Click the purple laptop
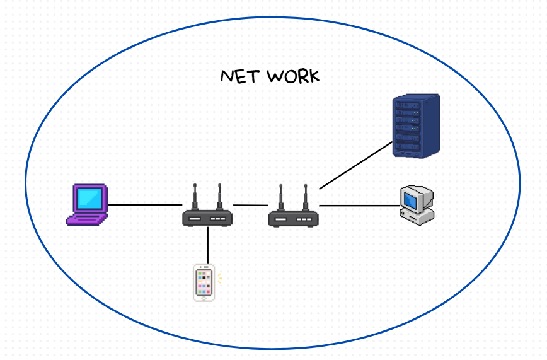[87, 204]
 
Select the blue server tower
[415, 125]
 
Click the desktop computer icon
[417, 204]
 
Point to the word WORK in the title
[293, 77]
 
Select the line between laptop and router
[145, 205]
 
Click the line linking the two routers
[251, 205]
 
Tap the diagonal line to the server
[355, 165]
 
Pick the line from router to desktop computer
[359, 206]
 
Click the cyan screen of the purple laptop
[89, 198]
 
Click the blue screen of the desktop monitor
[412, 199]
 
